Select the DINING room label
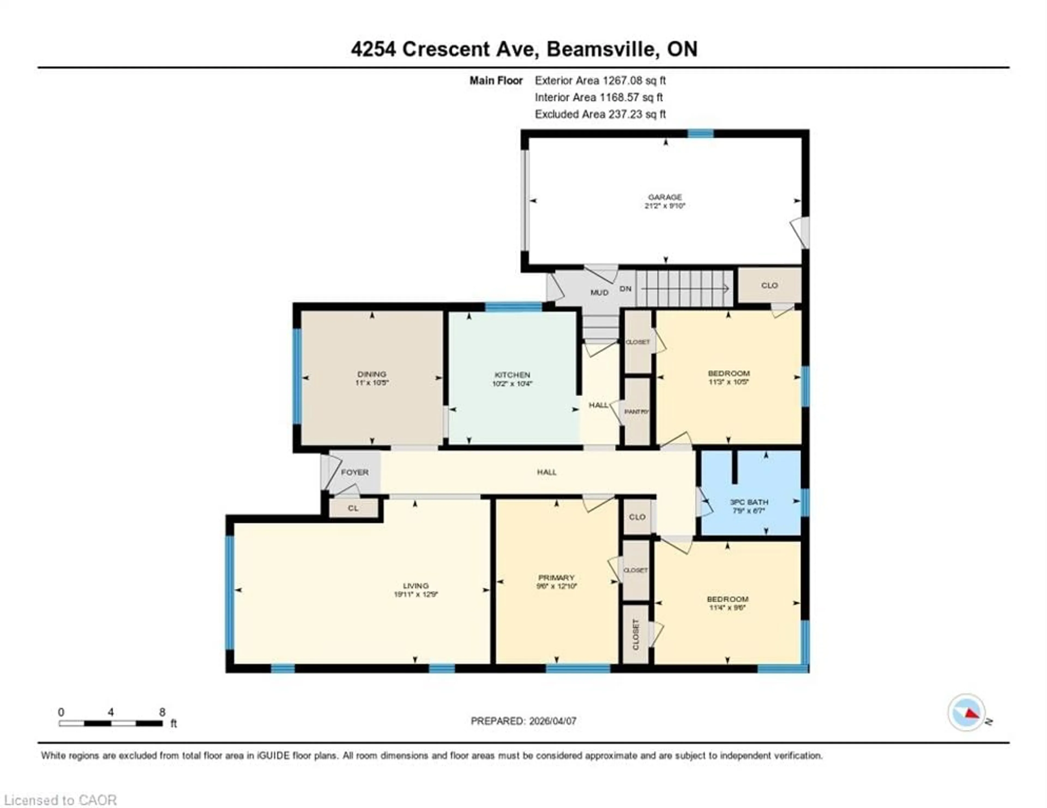372,374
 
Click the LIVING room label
415,586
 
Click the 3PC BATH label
749,502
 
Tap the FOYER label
355,472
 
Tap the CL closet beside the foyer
353,508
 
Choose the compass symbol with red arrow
967,712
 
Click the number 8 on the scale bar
162,712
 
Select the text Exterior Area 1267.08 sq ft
600,80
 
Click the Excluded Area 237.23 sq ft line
600,114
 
